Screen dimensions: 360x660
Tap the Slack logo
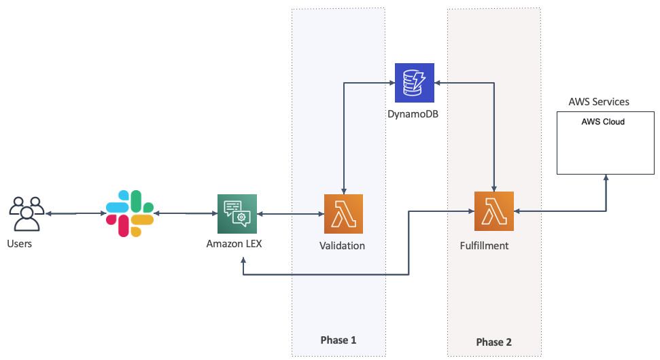coord(130,213)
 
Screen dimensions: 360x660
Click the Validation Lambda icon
coord(343,214)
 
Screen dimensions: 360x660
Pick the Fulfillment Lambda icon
coord(493,212)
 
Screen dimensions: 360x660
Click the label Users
coord(19,244)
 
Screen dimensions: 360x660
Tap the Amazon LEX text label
coord(233,244)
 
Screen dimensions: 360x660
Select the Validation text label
coord(342,246)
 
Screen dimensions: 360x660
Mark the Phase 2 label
coord(494,342)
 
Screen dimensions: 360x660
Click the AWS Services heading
coord(598,102)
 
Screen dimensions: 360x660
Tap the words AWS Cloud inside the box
coord(602,122)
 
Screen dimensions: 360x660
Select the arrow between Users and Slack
coord(74,214)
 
